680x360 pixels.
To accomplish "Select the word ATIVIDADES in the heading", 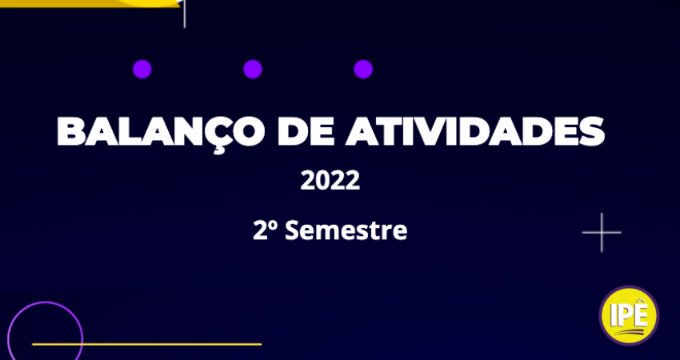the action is point(475,131).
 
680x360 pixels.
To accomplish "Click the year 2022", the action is point(330,181).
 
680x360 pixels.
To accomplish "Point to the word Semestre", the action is point(346,230).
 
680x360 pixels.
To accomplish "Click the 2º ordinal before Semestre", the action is point(265,230).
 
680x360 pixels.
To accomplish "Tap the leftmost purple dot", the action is point(142,69).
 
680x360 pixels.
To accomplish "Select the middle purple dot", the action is point(253,69).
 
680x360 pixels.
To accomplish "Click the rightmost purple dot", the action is point(363,69).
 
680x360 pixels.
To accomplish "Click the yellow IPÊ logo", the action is point(629,315).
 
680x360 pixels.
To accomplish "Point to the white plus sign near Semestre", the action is point(602,233).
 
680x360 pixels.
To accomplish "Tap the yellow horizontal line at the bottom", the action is point(146,344).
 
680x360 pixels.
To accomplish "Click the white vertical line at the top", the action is point(184,14).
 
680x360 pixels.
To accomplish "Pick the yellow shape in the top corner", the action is point(90,3).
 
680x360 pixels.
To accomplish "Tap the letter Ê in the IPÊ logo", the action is point(640,315).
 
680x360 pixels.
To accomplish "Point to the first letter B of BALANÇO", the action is point(71,131).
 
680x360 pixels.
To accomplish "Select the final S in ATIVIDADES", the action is point(591,131).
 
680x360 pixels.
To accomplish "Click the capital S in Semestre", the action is point(291,230).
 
